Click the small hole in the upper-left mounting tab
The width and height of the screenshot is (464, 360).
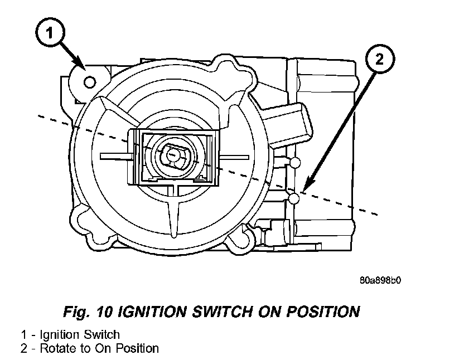[89, 82]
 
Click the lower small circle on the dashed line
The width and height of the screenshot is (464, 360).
[296, 198]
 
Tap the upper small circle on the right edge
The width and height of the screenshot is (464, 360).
[296, 162]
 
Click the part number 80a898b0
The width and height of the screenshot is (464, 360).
[380, 280]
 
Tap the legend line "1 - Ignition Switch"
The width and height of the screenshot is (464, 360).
[70, 335]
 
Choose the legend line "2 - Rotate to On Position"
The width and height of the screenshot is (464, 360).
[90, 348]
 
